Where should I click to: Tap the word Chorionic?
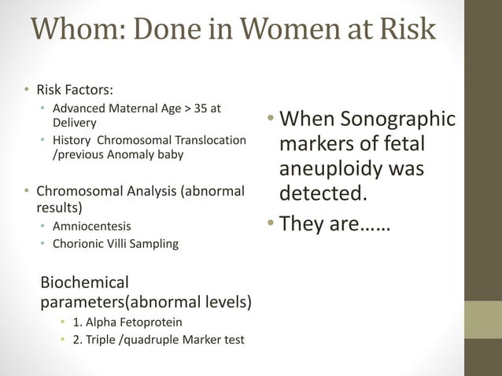[x=79, y=243]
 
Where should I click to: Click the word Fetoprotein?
[x=156, y=322]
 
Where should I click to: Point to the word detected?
[x=323, y=194]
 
